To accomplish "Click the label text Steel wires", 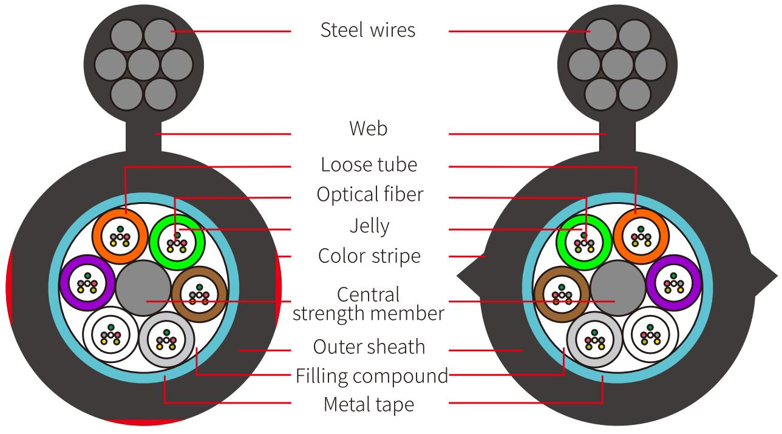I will pos(368,30).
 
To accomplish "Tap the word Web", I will pos(368,129).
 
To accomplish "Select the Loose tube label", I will pos(369,164).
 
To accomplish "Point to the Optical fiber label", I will pos(369,195).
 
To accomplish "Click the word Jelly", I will pos(369,226).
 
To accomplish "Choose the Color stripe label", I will pos(369,256).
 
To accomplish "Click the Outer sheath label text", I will pos(369,347).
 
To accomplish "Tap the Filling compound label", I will pos(372,376).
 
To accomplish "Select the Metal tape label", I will pos(369,404).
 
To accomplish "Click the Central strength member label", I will pos(369,303).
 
